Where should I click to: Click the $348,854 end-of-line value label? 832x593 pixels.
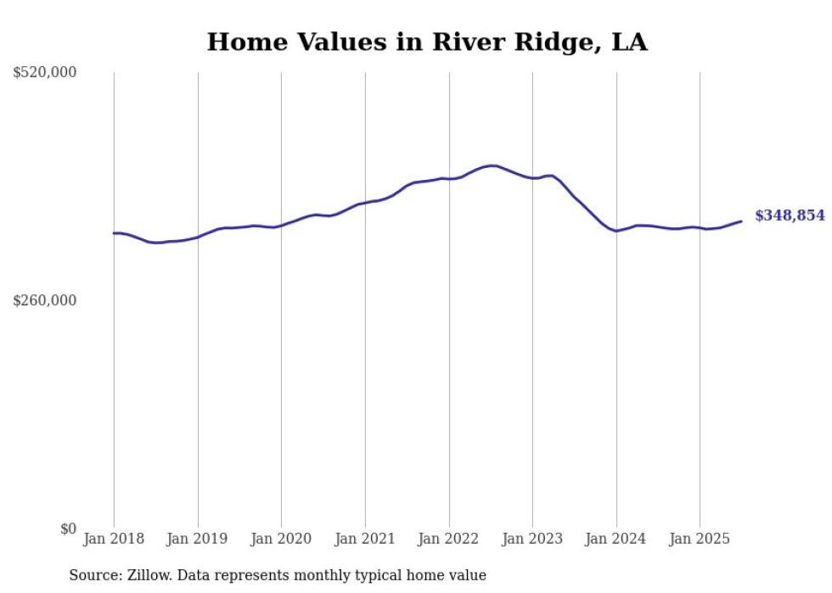(x=789, y=215)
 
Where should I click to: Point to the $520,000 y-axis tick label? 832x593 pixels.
(x=45, y=73)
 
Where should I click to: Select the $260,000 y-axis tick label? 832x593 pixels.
(x=45, y=300)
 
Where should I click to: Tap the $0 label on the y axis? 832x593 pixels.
(x=68, y=529)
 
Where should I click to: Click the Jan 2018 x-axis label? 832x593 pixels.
(x=114, y=539)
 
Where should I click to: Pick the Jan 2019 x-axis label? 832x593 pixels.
(x=198, y=539)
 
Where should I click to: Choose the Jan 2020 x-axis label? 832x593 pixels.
(x=282, y=539)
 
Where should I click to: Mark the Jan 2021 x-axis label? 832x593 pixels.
(x=365, y=539)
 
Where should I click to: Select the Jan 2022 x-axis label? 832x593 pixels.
(x=449, y=539)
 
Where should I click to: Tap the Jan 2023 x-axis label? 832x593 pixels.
(x=532, y=539)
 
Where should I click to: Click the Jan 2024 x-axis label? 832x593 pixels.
(x=616, y=539)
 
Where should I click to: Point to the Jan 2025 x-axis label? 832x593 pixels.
(x=700, y=539)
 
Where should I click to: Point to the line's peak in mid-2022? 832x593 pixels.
(x=492, y=165)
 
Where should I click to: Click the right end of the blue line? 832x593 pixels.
(x=741, y=221)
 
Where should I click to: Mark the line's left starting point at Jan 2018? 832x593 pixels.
(x=114, y=232)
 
